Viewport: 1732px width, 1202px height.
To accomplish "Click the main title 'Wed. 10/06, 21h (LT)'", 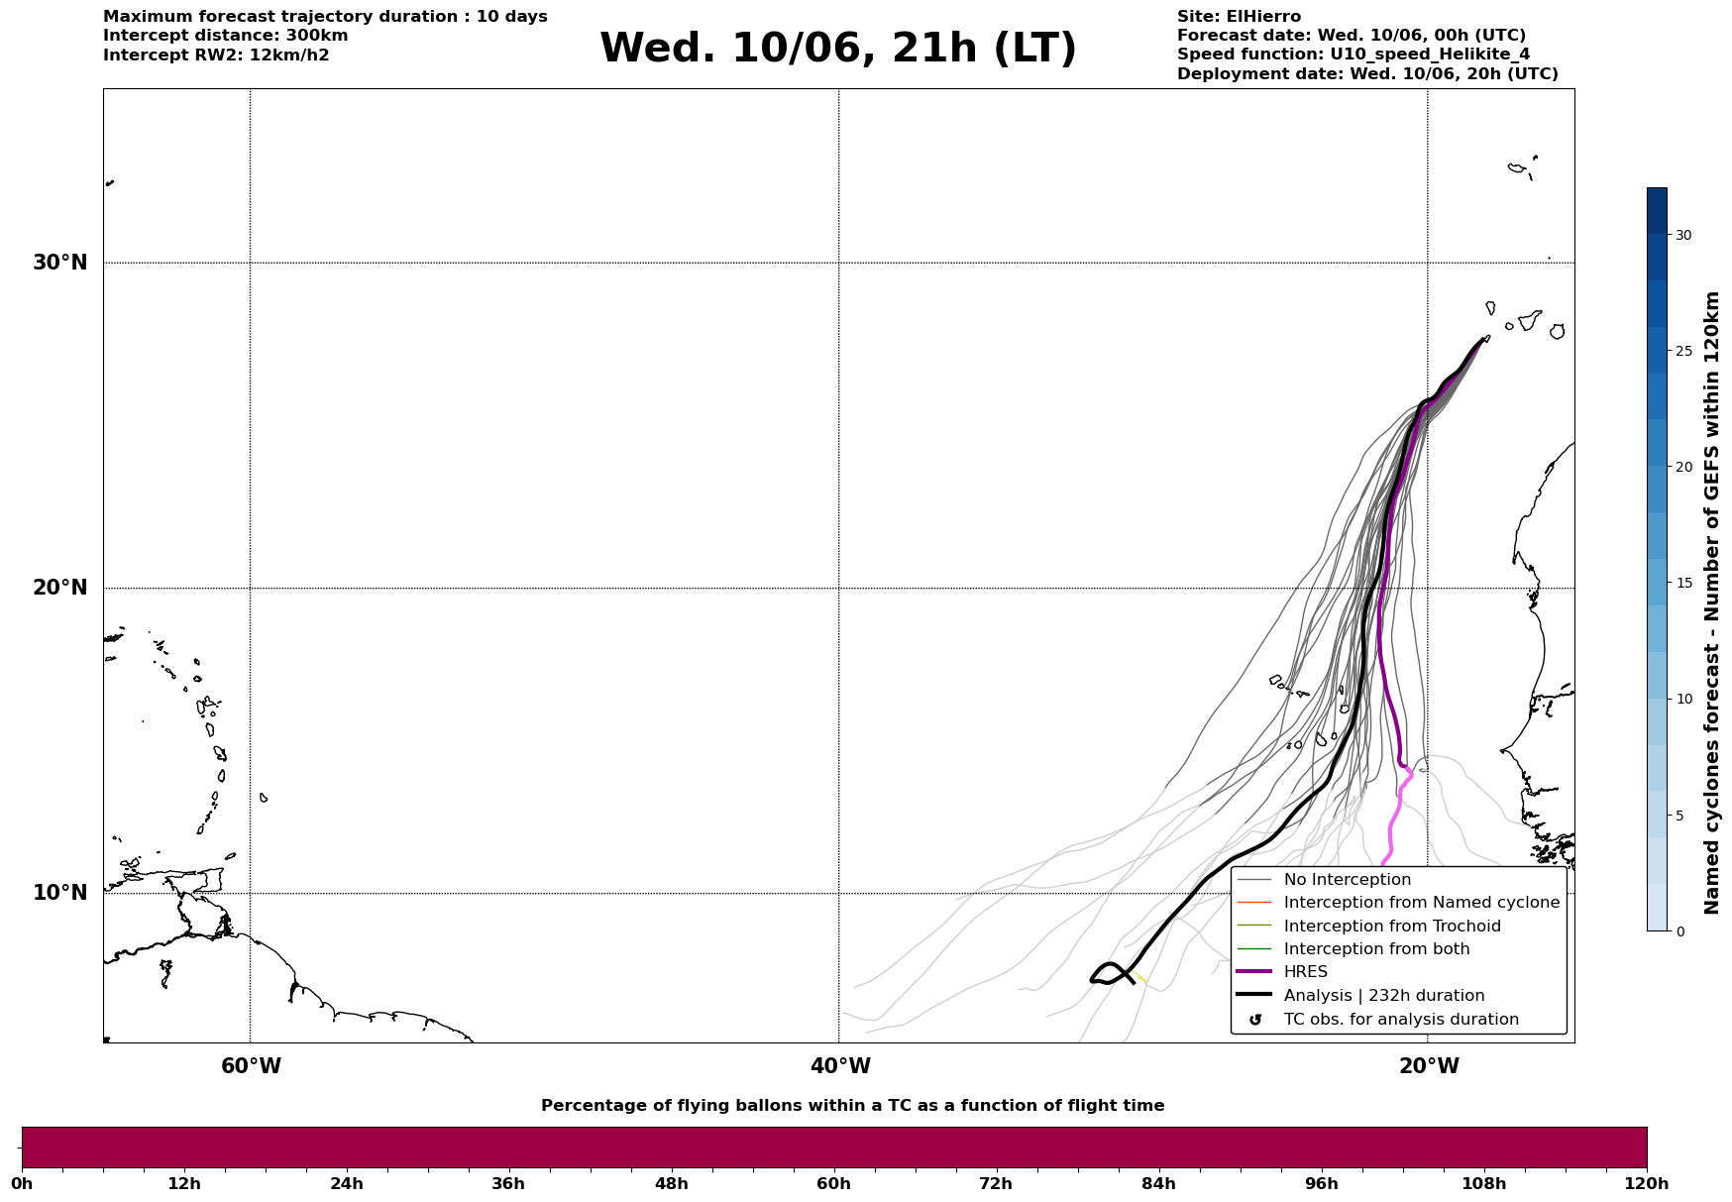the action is pyautogui.click(x=837, y=49).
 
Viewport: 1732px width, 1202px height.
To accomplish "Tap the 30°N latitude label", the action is pyautogui.click(x=60, y=263).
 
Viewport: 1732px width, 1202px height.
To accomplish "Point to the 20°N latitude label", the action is pyautogui.click(x=60, y=588).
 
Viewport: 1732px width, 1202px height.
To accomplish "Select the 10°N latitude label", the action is pyautogui.click(x=60, y=893).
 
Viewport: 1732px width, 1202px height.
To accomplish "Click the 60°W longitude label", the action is pyautogui.click(x=251, y=1066).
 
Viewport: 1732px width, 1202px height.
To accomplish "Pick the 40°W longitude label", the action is pyautogui.click(x=840, y=1066).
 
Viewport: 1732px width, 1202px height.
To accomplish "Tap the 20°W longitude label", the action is pyautogui.click(x=1429, y=1066).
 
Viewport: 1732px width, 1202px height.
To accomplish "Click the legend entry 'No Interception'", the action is pyautogui.click(x=1347, y=880).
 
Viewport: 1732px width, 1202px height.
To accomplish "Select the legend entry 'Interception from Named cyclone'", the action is pyautogui.click(x=1421, y=903).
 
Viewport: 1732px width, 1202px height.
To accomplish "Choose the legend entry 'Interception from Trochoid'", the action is pyautogui.click(x=1392, y=927).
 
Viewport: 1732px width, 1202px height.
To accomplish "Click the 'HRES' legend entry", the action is pyautogui.click(x=1305, y=972).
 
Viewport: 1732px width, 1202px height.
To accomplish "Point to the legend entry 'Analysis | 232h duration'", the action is pyautogui.click(x=1384, y=996).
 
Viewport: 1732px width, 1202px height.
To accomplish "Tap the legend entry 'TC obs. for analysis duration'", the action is pyautogui.click(x=1401, y=1020).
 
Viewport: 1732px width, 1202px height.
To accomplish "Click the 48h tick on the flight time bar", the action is pyautogui.click(x=671, y=1184).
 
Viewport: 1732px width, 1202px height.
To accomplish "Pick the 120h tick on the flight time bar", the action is pyautogui.click(x=1647, y=1184).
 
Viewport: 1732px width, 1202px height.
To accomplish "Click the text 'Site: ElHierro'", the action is pyautogui.click(x=1239, y=17).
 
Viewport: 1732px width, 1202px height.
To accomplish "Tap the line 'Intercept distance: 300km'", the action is pyautogui.click(x=226, y=36).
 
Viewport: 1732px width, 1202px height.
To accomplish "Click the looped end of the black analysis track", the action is pyautogui.click(x=1109, y=973).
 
